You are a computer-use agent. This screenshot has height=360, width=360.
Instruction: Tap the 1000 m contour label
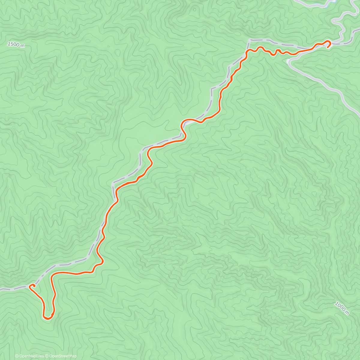(x=342, y=308)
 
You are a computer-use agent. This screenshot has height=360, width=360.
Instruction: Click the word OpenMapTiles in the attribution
(x=31, y=356)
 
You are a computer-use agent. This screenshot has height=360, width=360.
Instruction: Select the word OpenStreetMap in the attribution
(x=63, y=356)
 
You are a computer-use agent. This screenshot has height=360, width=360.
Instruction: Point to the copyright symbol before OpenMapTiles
(x=17, y=356)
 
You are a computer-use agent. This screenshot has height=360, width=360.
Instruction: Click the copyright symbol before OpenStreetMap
(x=47, y=356)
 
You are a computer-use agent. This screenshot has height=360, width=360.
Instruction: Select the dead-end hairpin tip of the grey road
(x=289, y=61)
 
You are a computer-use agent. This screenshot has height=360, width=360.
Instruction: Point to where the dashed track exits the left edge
(x=1, y=289)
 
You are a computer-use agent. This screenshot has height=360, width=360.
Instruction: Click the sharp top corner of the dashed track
(x=249, y=40)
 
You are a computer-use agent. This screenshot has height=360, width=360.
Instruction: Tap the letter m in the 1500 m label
(x=22, y=46)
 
